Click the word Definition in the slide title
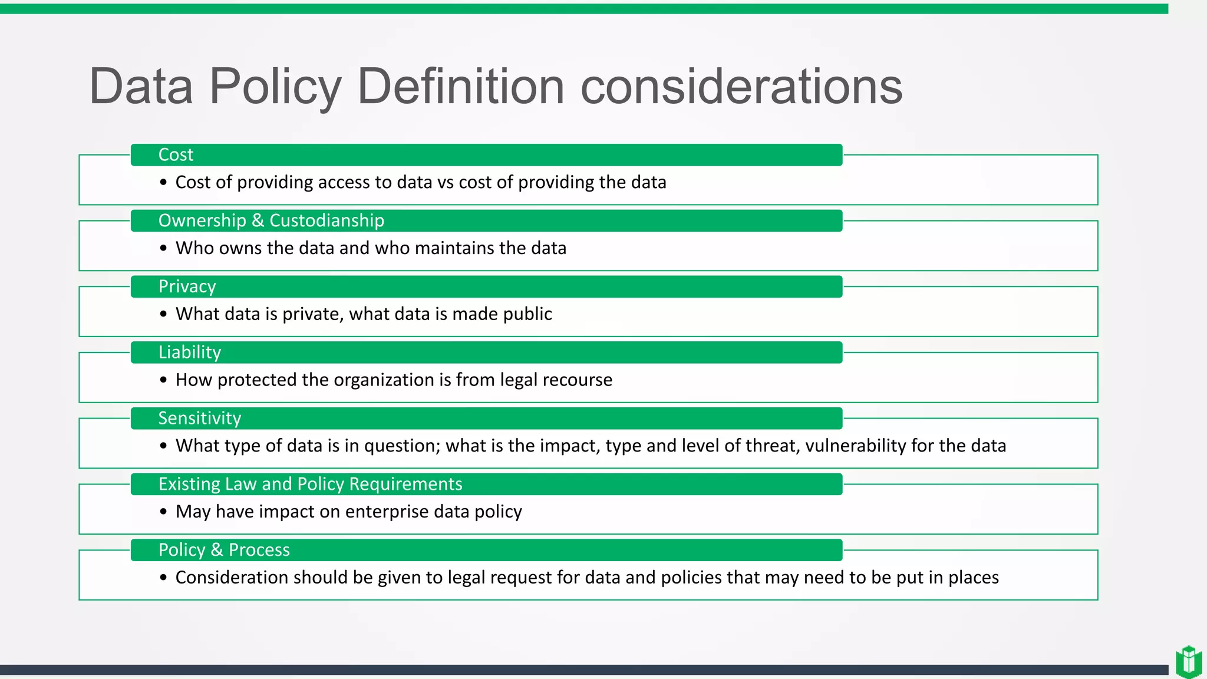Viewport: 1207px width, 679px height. click(x=461, y=87)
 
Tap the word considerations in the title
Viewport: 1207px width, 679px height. click(x=741, y=87)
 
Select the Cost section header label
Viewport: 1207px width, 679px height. click(x=176, y=154)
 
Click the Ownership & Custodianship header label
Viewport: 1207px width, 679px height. click(x=271, y=220)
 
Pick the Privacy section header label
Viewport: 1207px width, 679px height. click(x=187, y=286)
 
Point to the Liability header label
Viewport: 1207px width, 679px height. click(x=189, y=352)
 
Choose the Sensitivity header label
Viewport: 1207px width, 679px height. click(x=199, y=418)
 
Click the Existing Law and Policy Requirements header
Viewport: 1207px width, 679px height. click(x=310, y=484)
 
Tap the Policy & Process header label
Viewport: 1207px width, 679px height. click(x=224, y=550)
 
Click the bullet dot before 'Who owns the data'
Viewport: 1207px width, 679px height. click(x=163, y=248)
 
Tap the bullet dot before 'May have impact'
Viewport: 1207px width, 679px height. click(x=163, y=512)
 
